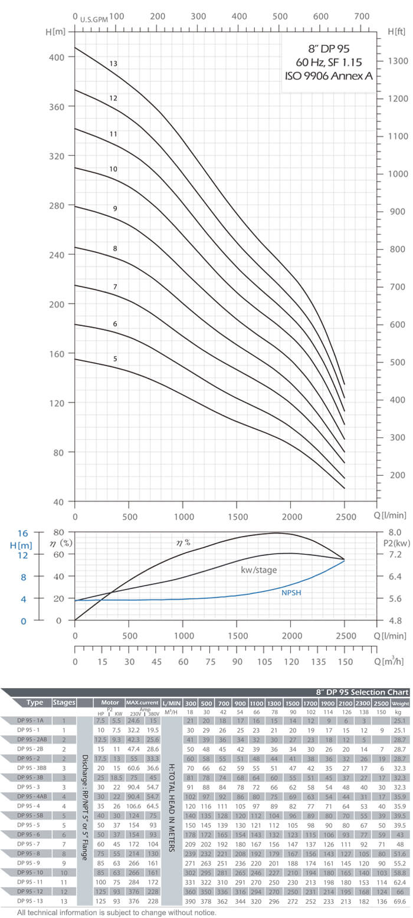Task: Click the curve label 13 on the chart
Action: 114,63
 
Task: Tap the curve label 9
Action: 116,209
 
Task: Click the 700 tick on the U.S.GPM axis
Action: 361,17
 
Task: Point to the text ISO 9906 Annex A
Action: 329,75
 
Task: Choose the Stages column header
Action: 64,702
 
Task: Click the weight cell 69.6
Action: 399,901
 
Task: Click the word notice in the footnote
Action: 204,912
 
